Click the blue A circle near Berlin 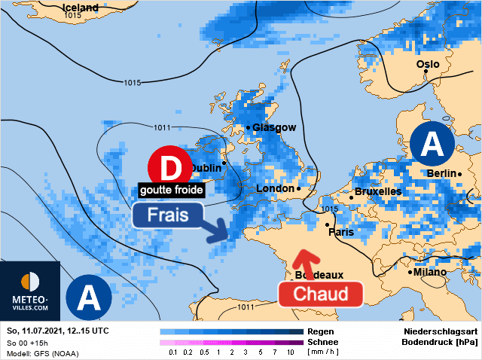[432, 145]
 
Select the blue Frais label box [168, 215]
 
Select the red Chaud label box [321, 294]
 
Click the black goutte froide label [172, 190]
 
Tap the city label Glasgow [274, 128]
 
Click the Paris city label [341, 232]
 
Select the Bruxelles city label [377, 192]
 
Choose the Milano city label [430, 272]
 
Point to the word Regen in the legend [322, 331]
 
